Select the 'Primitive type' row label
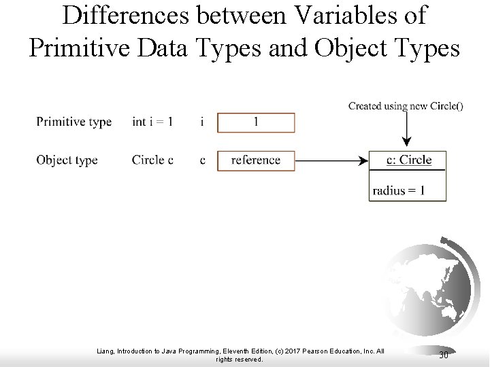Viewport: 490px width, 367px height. (73, 122)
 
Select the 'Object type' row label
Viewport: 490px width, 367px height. (67, 160)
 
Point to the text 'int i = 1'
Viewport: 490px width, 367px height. (152, 122)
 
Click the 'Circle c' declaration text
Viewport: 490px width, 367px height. (152, 160)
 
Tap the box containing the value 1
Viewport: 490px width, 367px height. (256, 122)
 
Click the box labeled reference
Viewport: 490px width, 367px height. (256, 160)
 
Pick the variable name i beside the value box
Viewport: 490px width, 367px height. (202, 122)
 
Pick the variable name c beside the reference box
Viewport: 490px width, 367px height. (202, 160)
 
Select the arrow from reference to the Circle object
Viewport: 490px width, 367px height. (331, 161)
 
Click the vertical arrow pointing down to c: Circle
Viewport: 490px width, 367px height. (406, 129)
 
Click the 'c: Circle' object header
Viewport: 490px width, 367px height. (408, 160)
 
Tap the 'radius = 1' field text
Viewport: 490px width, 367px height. (399, 190)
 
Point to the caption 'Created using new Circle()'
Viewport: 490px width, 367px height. (406, 105)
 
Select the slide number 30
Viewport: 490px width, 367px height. (443, 355)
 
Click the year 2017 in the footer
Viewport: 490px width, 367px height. (288, 351)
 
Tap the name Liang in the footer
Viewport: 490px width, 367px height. (107, 351)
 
